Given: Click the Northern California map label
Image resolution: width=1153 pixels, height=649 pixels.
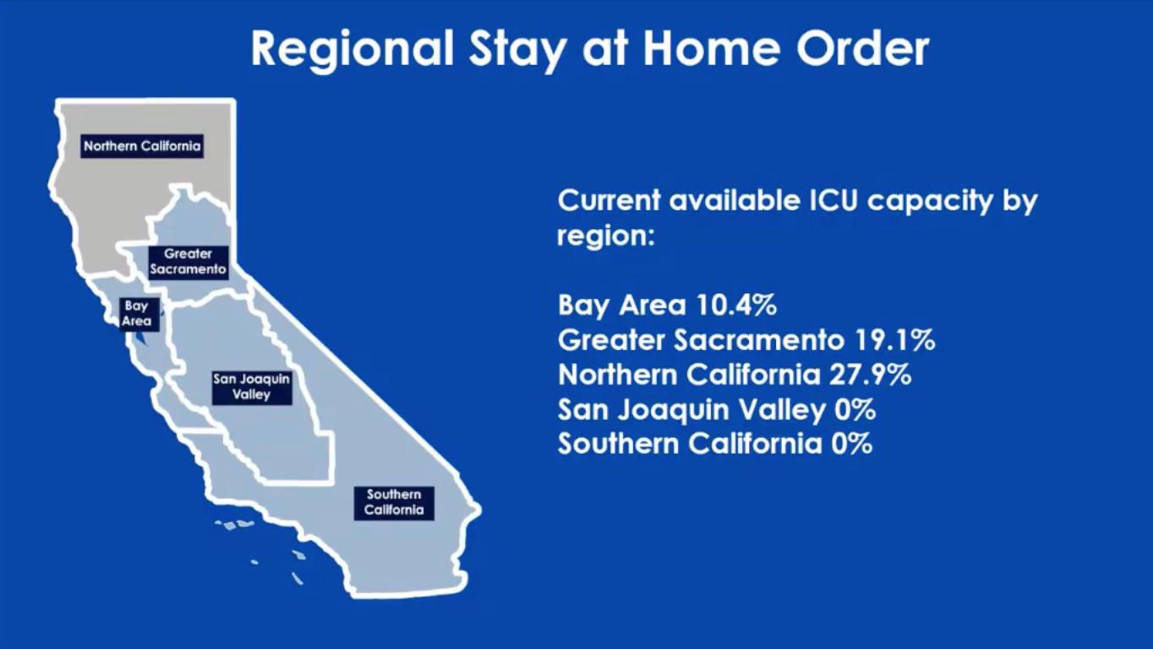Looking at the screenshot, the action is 142,146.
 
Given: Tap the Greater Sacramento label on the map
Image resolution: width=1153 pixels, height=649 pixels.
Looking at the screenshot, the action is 188,262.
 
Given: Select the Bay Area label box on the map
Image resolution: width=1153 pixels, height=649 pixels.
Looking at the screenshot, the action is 136,314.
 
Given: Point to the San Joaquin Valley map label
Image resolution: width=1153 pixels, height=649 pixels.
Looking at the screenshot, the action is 252,388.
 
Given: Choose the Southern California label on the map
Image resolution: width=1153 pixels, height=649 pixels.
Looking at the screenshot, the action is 394,503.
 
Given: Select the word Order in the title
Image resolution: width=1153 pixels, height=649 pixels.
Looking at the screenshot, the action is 863,48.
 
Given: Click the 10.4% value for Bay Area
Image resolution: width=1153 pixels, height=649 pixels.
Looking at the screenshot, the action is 736,305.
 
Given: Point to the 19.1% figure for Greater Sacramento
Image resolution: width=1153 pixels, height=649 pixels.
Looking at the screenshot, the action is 894,340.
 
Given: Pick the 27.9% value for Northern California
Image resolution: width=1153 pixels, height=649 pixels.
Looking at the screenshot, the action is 870,374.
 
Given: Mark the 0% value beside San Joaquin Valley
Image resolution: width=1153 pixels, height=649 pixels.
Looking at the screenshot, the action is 855,410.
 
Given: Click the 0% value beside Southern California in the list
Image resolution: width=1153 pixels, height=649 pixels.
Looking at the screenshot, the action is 852,444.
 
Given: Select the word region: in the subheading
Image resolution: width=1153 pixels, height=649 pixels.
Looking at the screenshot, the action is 606,237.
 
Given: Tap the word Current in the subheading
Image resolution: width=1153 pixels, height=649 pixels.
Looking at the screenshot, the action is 609,200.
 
